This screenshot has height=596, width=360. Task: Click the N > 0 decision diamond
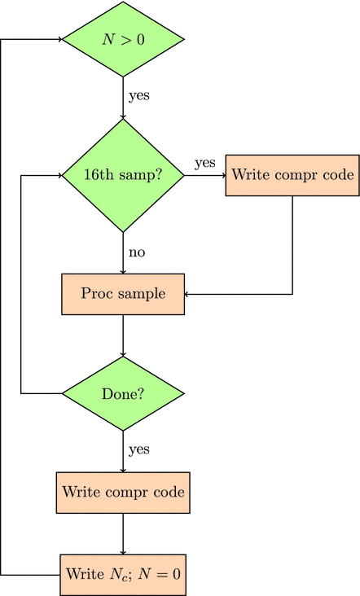tap(123, 39)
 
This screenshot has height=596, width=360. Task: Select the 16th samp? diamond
tap(123, 175)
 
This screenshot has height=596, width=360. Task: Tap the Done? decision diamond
tap(123, 393)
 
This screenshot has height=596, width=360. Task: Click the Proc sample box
tap(123, 294)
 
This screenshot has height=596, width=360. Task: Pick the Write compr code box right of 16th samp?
tap(292, 175)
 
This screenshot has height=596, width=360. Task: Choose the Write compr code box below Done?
tap(123, 493)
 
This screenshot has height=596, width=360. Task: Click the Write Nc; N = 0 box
tap(123, 574)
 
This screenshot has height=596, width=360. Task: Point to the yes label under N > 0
tap(139, 95)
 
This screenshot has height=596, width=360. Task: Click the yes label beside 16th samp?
tap(204, 163)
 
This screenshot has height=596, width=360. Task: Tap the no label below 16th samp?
tap(137, 252)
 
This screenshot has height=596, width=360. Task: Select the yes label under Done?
tap(139, 449)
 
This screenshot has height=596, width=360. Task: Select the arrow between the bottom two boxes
tap(123, 533)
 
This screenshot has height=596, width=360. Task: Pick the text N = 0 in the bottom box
tap(160, 574)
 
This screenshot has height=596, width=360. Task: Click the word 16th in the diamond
tap(99, 175)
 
